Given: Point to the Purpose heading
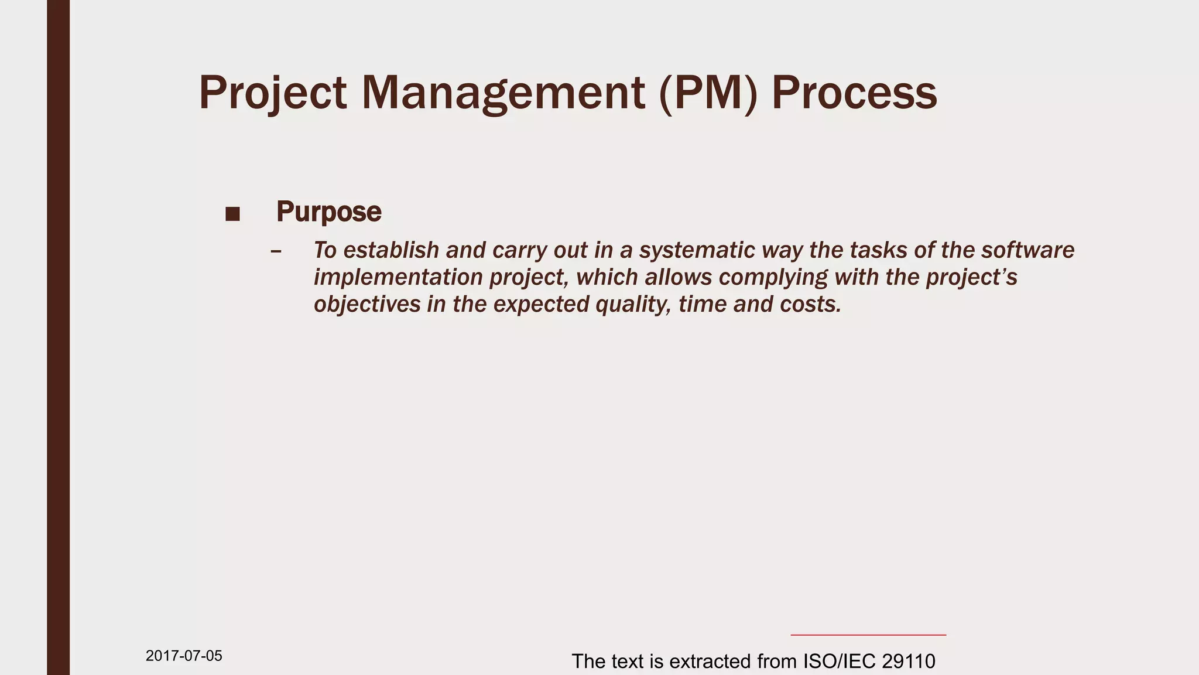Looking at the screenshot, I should pyautogui.click(x=328, y=212).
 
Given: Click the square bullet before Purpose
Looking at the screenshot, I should pyautogui.click(x=232, y=214).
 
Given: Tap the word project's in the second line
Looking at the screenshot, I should pyautogui.click(x=972, y=277).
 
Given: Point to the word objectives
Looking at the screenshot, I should pyautogui.click(x=367, y=304).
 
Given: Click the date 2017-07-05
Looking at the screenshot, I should pyautogui.click(x=184, y=656).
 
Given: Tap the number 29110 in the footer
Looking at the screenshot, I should pyautogui.click(x=908, y=662).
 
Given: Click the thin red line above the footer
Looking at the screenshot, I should pyautogui.click(x=868, y=635).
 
